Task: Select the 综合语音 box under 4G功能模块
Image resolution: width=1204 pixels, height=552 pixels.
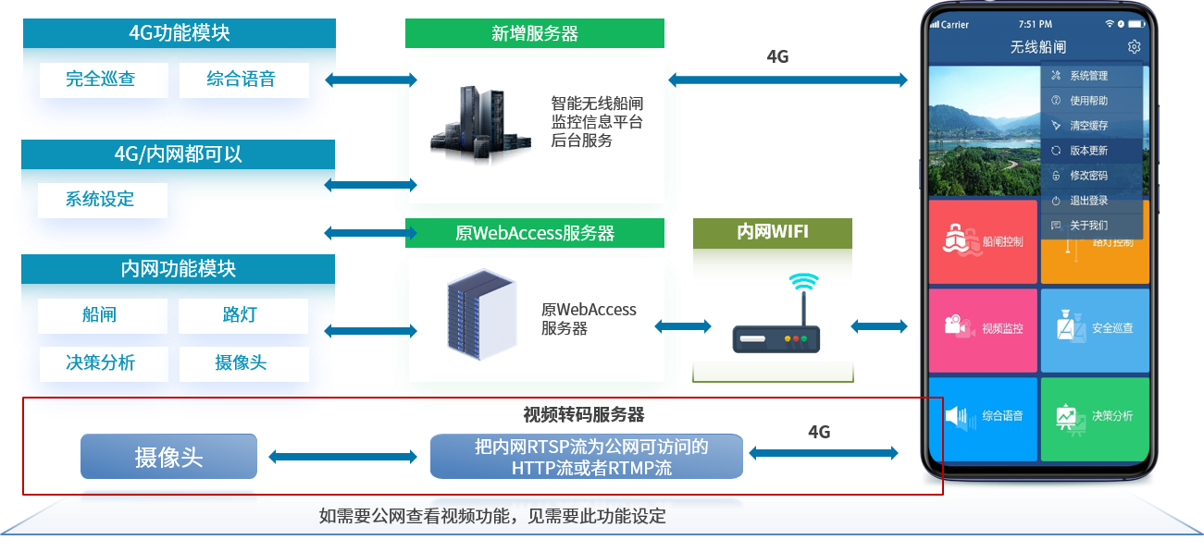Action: [x=242, y=80]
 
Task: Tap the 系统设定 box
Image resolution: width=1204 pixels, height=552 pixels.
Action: [x=102, y=200]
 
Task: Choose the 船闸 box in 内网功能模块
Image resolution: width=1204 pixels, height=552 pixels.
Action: [x=102, y=315]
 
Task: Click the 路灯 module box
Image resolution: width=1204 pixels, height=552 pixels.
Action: [x=242, y=315]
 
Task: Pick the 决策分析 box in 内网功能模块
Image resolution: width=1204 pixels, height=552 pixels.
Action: [x=102, y=363]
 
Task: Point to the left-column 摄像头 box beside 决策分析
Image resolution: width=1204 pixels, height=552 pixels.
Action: [x=242, y=363]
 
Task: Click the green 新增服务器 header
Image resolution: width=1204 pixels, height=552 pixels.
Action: [x=535, y=33]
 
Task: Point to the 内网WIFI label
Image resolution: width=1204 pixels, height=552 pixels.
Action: [x=772, y=231]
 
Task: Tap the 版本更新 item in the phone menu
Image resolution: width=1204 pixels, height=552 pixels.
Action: [x=1088, y=151]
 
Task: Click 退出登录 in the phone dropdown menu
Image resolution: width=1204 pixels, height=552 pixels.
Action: [x=1088, y=201]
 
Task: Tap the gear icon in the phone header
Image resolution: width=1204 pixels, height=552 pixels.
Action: [x=1134, y=47]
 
